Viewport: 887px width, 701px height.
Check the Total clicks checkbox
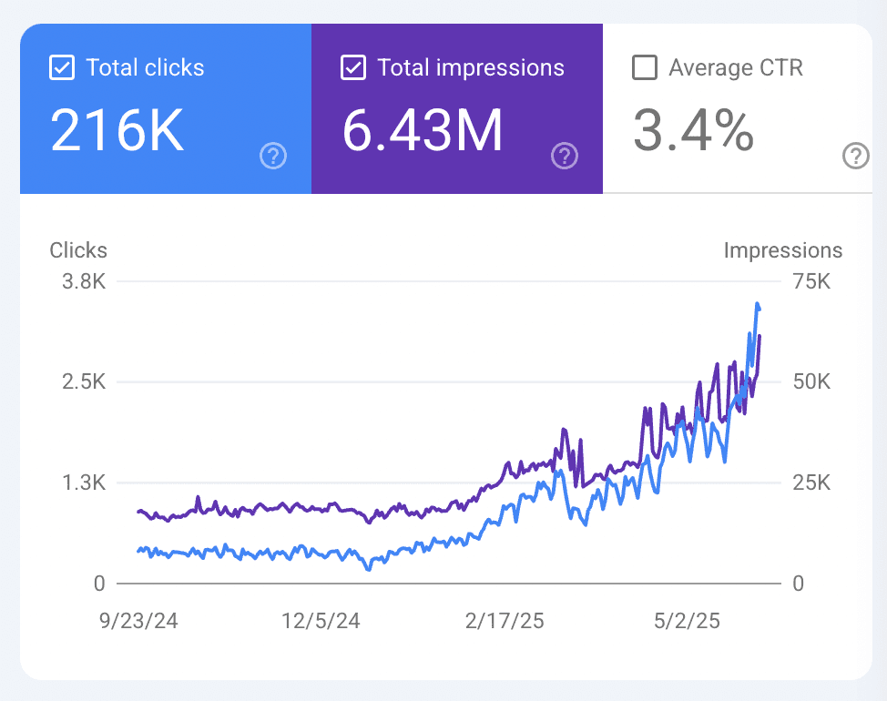[61, 68]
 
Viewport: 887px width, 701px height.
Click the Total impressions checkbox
[352, 68]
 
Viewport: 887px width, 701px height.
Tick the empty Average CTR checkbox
[644, 68]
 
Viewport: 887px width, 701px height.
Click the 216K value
[117, 131]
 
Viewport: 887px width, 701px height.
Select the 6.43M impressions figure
[422, 131]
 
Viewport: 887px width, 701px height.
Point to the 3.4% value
[693, 131]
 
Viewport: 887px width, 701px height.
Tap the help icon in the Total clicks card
[273, 157]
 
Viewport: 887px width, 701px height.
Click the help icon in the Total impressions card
[565, 157]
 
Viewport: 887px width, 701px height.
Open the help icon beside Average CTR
[856, 157]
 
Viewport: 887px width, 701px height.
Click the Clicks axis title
[78, 250]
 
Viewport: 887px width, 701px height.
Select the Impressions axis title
[783, 250]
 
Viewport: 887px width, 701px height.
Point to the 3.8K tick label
[84, 281]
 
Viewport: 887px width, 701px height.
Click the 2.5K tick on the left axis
[84, 381]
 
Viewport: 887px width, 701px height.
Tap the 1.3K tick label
[84, 483]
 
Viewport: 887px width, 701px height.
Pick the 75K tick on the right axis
[811, 281]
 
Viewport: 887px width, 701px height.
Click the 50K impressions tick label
[811, 381]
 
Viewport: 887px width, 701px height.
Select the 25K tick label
[811, 483]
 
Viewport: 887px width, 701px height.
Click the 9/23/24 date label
[139, 622]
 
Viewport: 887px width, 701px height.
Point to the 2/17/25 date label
[505, 622]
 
